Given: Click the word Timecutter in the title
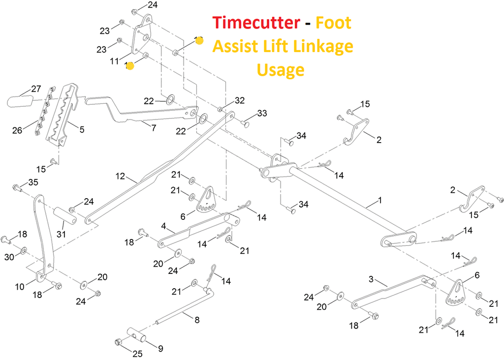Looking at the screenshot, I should point(256,23).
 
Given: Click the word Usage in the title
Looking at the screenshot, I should point(281,70).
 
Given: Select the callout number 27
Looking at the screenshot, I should point(36,89).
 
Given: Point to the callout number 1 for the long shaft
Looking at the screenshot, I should point(379,201).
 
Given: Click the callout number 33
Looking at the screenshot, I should point(262,114).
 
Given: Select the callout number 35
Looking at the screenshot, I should point(33,182).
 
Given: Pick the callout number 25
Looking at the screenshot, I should point(137,353).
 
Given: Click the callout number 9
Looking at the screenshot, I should point(160,349).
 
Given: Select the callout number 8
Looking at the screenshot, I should point(197,320).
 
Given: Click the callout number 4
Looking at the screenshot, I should point(163,227).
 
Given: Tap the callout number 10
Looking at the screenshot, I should point(20,286).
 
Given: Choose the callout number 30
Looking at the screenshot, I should point(8,257).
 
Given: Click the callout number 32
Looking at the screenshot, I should point(240,101).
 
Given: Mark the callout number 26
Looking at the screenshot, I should point(18,130).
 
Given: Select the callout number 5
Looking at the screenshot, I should point(81,130).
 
